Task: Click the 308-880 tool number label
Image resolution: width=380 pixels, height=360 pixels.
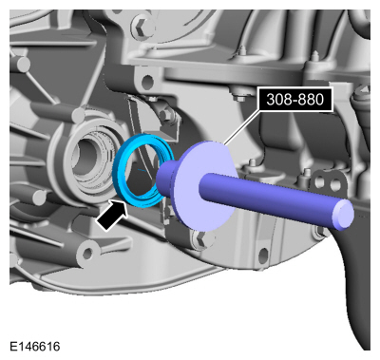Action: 295,100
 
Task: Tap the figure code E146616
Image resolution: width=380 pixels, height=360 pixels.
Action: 35,347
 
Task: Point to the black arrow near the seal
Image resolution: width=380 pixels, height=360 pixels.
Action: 112,216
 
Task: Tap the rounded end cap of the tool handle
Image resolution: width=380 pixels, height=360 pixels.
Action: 344,213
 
